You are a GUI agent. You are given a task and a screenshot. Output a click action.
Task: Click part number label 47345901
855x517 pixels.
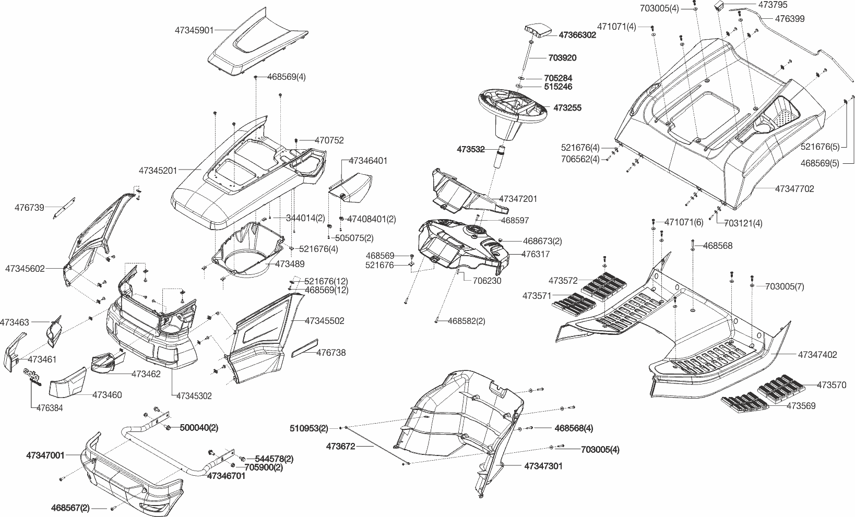tap(194, 30)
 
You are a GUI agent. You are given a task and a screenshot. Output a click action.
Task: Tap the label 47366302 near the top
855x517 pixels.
tap(577, 35)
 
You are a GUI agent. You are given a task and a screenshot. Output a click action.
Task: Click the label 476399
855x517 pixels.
tap(790, 19)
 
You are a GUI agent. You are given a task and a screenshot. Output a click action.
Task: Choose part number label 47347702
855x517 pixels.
tap(794, 189)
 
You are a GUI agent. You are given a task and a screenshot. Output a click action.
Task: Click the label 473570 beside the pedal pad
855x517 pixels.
tap(832, 385)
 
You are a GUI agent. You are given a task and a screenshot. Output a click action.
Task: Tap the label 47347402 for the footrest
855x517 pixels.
tap(817, 355)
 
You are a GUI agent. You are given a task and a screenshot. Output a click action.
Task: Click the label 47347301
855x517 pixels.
tap(543, 466)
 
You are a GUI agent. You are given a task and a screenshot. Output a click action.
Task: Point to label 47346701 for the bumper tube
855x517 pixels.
tap(226, 476)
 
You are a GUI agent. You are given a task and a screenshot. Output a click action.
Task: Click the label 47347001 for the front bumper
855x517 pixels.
tap(45, 455)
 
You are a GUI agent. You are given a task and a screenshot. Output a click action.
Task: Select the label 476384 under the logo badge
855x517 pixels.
tap(50, 408)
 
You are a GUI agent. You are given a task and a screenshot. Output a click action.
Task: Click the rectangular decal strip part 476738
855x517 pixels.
tap(303, 348)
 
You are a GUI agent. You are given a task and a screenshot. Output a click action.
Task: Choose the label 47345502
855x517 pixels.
tap(325, 321)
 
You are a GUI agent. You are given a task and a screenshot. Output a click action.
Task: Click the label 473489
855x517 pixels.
tap(290, 264)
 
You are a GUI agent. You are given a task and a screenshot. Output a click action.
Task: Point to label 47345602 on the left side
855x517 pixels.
tap(25, 269)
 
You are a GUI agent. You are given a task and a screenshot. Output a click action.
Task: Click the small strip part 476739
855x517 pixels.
tap(65, 208)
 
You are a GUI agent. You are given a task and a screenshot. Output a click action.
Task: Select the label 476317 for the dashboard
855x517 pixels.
tap(536, 254)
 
